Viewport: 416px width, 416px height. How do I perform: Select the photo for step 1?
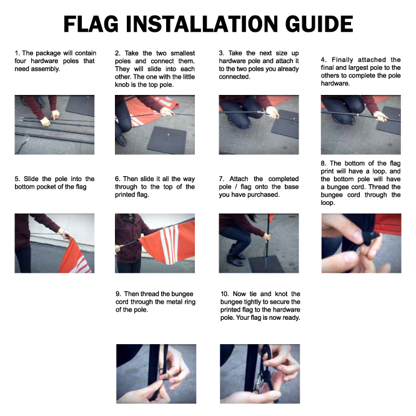click(x=54, y=125)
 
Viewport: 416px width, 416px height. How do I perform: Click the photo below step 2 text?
click(x=155, y=125)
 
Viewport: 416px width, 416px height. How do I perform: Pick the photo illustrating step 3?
click(x=259, y=125)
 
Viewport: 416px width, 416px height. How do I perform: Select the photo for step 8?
click(x=360, y=243)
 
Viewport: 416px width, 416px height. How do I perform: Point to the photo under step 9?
click(x=156, y=374)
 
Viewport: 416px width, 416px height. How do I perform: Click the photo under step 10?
click(x=259, y=374)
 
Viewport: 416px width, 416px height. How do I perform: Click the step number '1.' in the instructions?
click(x=17, y=54)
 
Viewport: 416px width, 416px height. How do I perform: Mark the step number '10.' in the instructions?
click(x=225, y=294)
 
